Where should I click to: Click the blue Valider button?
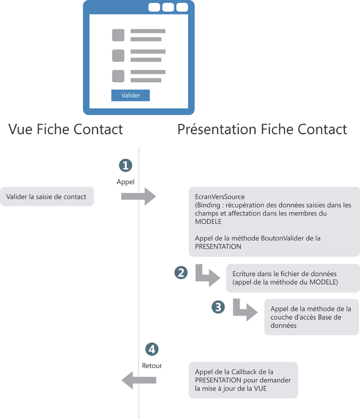[x=131, y=95]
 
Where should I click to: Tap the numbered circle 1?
[x=125, y=165]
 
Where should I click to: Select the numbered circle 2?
[x=181, y=272]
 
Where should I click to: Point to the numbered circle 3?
[x=218, y=307]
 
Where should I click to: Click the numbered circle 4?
[x=152, y=349]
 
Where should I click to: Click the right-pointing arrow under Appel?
[x=138, y=196]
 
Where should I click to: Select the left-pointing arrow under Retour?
[x=139, y=380]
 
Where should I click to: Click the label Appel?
[x=125, y=182]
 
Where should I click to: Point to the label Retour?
[x=152, y=366]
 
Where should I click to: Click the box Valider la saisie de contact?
[x=47, y=196]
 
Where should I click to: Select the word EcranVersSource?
[x=220, y=197]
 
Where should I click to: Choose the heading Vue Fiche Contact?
[x=66, y=129]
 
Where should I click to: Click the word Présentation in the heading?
[x=218, y=129]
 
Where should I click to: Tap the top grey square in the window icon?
[x=118, y=35]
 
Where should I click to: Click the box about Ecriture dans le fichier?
[x=293, y=278]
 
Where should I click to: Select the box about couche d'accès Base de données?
[x=312, y=317]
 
